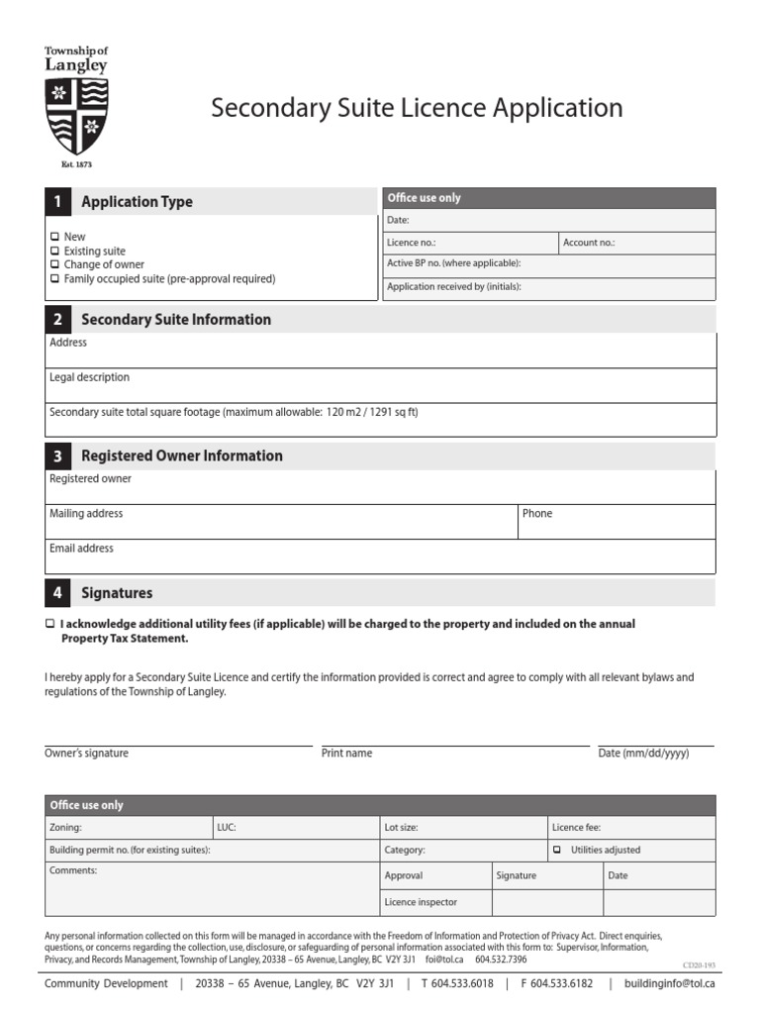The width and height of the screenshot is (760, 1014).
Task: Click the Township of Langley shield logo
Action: pos(76,115)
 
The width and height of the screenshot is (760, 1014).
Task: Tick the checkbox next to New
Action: pos(54,238)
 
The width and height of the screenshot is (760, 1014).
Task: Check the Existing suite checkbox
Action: pos(54,252)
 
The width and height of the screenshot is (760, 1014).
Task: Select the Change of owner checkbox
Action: pos(54,265)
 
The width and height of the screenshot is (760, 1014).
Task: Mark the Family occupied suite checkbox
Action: pos(54,279)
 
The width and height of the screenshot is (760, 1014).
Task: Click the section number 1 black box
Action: pos(57,202)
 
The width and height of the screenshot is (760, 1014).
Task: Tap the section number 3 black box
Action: pos(57,456)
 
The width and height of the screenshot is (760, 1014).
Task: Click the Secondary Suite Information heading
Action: pos(175,320)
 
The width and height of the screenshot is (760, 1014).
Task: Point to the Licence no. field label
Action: pos(411,243)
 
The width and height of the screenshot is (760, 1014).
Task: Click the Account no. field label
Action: pos(589,243)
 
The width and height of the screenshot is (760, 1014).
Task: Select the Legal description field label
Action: pos(89,377)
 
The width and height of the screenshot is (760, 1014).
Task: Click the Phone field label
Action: pos(537,514)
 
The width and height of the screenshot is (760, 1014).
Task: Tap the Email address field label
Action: pos(81,549)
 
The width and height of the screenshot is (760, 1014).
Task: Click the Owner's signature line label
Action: pos(86,754)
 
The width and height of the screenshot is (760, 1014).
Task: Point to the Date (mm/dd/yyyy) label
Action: pos(643,754)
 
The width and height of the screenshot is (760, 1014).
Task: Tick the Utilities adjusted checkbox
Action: pos(557,850)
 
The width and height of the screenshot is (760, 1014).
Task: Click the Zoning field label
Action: pos(65,827)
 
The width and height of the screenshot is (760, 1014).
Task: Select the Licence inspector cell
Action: pos(421,902)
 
